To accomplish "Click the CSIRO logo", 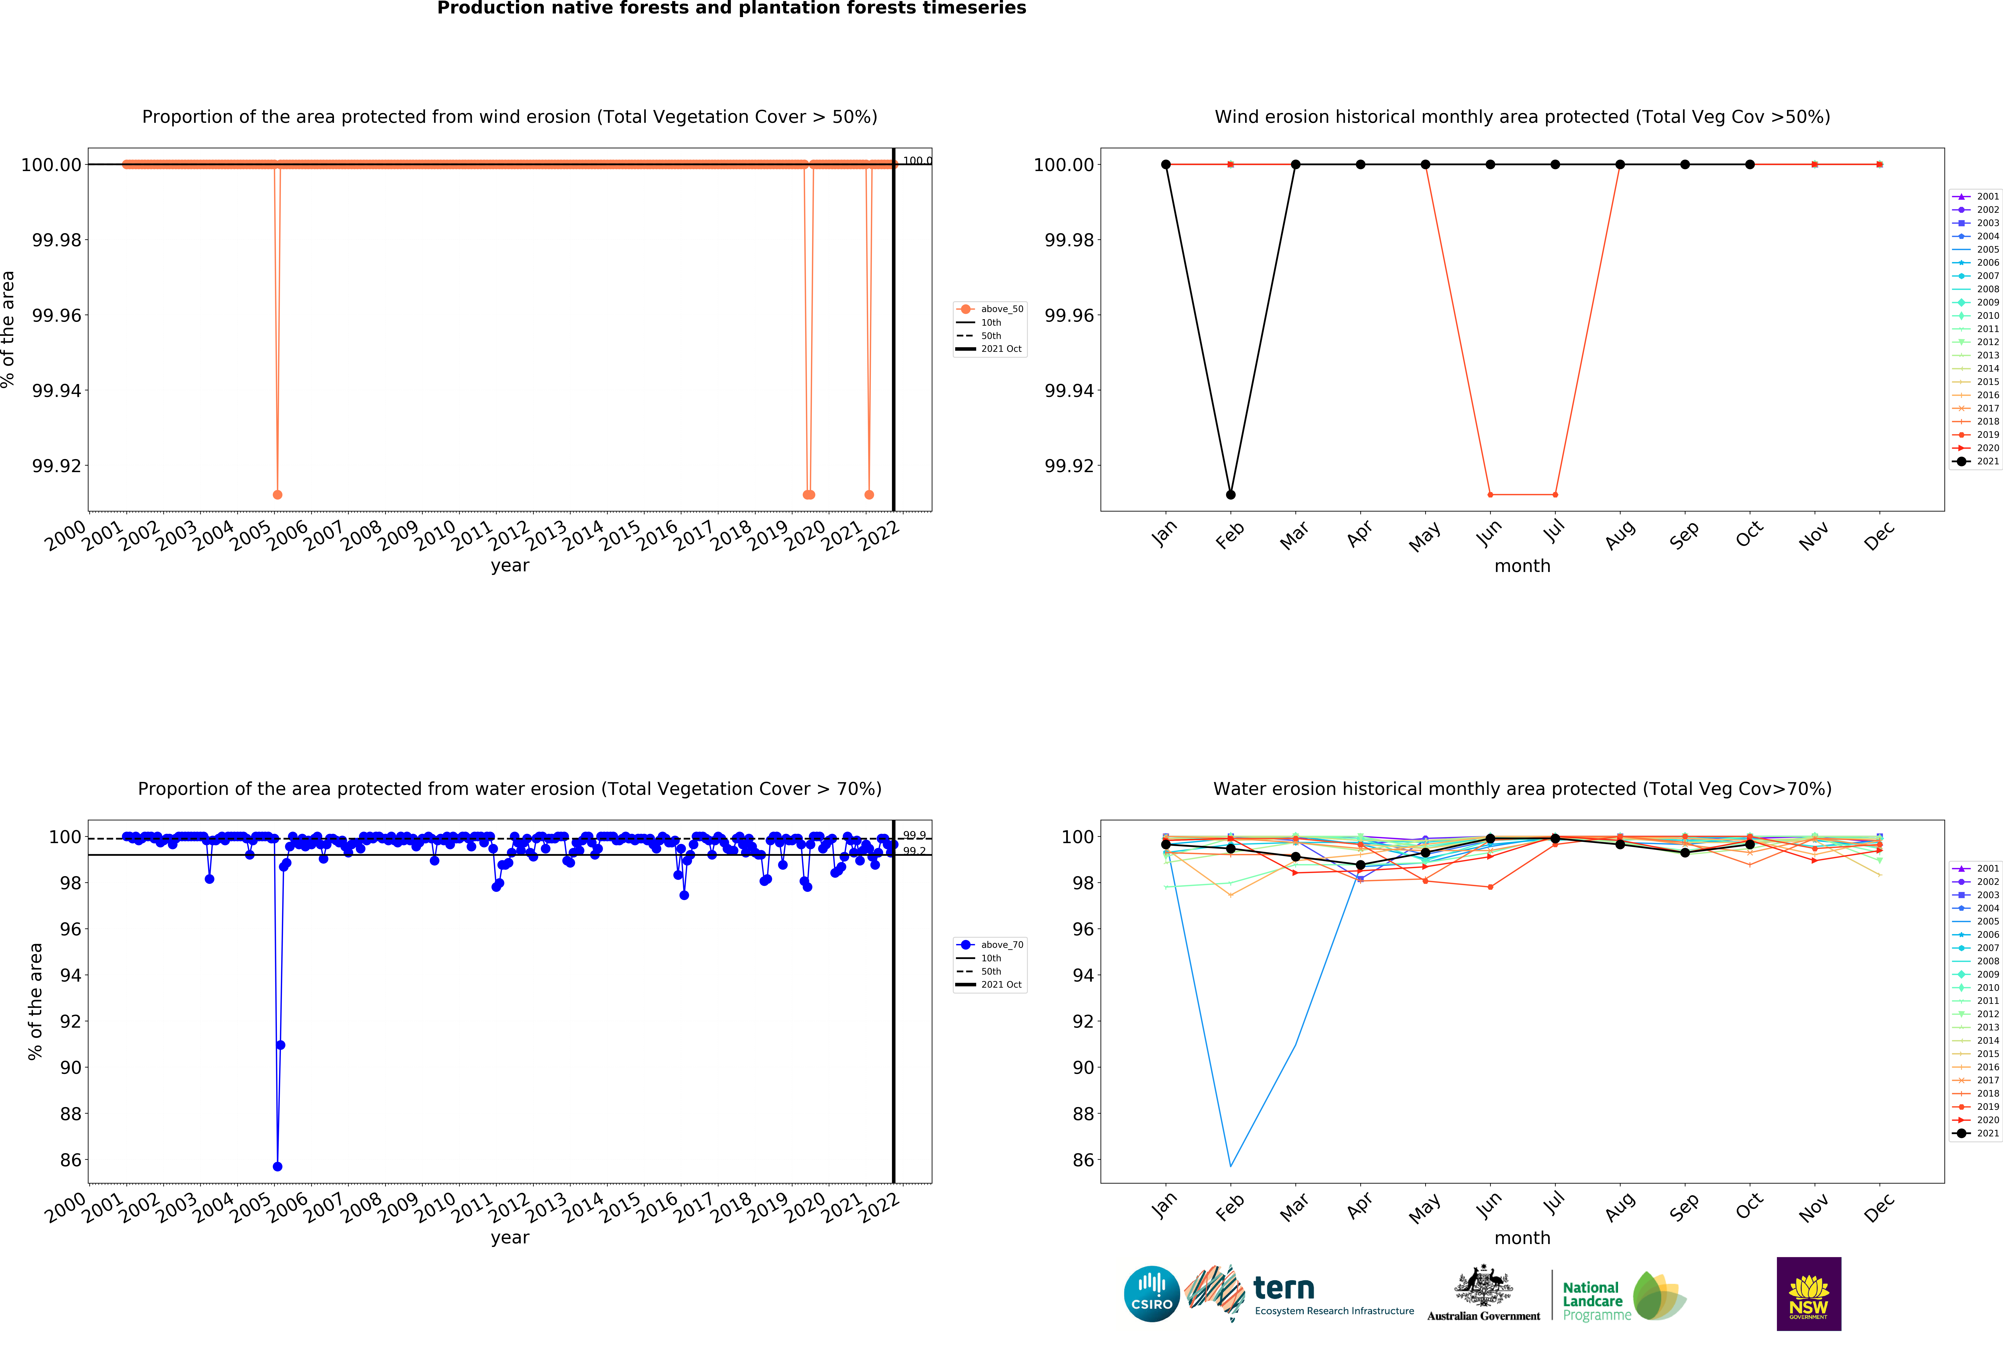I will coord(1151,1294).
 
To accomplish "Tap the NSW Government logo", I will coord(1808,1294).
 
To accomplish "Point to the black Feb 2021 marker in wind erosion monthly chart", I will coord(1230,494).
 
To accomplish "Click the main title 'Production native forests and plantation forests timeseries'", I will coord(732,9).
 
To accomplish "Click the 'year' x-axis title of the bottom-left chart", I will coord(510,1238).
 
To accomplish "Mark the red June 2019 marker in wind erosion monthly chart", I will coord(1490,494).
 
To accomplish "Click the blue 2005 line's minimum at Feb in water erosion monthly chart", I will coord(1230,1166).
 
